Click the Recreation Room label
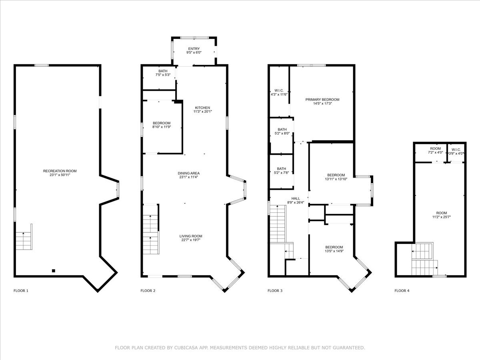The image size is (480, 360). [x=60, y=171]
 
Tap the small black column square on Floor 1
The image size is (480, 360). [x=54, y=271]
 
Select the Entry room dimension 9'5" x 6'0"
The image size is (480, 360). [x=194, y=52]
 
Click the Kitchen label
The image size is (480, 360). [x=202, y=108]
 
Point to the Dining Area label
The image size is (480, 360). [x=188, y=173]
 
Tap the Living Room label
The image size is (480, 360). [x=191, y=236]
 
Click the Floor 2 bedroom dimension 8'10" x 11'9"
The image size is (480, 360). [x=162, y=127]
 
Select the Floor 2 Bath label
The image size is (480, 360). [x=163, y=71]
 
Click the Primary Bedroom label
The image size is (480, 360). [x=322, y=100]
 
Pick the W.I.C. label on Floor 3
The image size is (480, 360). [x=279, y=90]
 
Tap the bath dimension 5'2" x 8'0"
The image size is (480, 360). [x=282, y=133]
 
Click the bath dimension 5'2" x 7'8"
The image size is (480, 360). [x=282, y=172]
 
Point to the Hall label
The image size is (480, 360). [x=296, y=198]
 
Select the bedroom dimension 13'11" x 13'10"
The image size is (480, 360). [x=336, y=179]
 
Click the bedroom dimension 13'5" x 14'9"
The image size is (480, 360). [x=334, y=251]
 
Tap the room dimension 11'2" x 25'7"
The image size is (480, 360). [x=442, y=217]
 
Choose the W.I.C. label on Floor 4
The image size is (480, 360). [x=456, y=150]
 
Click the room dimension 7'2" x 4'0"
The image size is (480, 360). [x=435, y=152]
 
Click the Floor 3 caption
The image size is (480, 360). [x=275, y=291]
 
